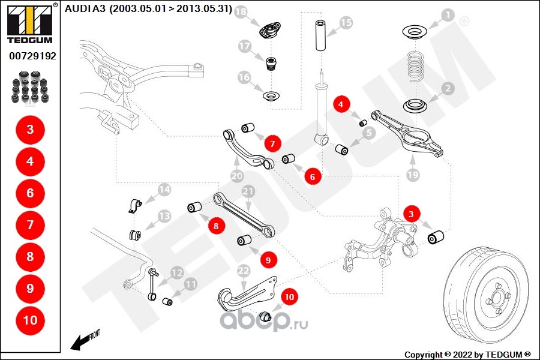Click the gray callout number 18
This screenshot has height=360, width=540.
(241, 12)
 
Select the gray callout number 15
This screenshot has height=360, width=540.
(346, 23)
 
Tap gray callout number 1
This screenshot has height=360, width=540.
(448, 14)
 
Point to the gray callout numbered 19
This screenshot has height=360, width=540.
(412, 175)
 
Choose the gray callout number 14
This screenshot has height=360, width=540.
(164, 191)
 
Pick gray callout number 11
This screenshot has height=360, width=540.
(191, 284)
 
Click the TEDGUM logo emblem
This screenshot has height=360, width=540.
(29, 22)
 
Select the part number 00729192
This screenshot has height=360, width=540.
(32, 56)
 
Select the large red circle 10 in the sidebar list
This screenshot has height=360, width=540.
(30, 320)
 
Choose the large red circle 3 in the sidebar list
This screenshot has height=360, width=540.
(30, 129)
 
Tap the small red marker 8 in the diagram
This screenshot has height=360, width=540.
(216, 226)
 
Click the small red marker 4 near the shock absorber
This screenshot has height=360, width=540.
(341, 104)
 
